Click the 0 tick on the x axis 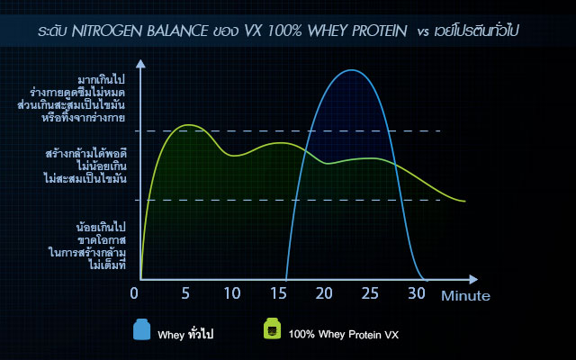[134, 292]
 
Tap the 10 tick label [232, 292]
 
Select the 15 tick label [280, 292]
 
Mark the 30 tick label [417, 292]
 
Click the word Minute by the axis [464, 295]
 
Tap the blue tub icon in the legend [141, 329]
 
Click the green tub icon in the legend [273, 329]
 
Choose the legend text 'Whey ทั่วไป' [186, 334]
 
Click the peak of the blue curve [352, 70]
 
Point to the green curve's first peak [186, 124]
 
